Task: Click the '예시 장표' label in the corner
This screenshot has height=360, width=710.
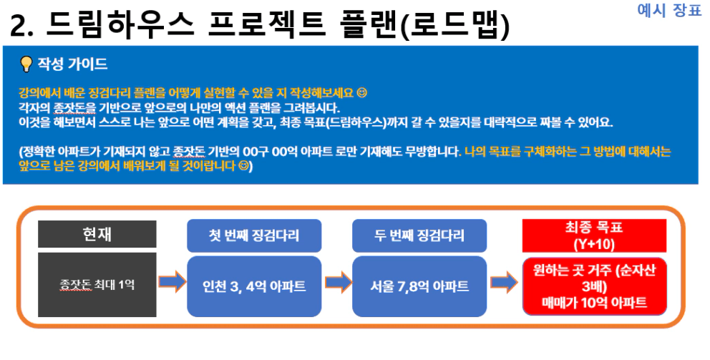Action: click(x=668, y=9)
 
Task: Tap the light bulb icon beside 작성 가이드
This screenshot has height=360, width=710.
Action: click(x=26, y=64)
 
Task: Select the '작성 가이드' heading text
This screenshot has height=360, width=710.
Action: click(x=72, y=64)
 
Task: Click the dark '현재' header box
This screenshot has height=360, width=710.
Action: click(x=97, y=234)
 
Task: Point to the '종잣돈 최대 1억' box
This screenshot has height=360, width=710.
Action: click(x=97, y=285)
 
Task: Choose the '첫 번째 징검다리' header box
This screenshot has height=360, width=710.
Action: click(x=254, y=235)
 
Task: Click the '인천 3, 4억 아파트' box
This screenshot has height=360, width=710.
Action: click(x=254, y=286)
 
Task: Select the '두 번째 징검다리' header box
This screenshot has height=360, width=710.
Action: click(x=419, y=235)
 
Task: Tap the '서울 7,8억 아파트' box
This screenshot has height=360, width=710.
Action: click(x=419, y=286)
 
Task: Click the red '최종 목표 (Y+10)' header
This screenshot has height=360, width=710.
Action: click(x=594, y=235)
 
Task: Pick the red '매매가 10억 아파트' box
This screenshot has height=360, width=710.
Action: click(x=595, y=286)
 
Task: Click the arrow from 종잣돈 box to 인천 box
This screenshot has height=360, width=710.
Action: click(x=172, y=282)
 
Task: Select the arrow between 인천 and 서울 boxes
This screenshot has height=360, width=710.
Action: click(x=338, y=283)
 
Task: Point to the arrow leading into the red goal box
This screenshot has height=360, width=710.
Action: click(x=504, y=283)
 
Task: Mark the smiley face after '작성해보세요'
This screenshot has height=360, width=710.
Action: click(x=361, y=93)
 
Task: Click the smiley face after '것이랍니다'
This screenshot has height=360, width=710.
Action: click(x=243, y=166)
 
